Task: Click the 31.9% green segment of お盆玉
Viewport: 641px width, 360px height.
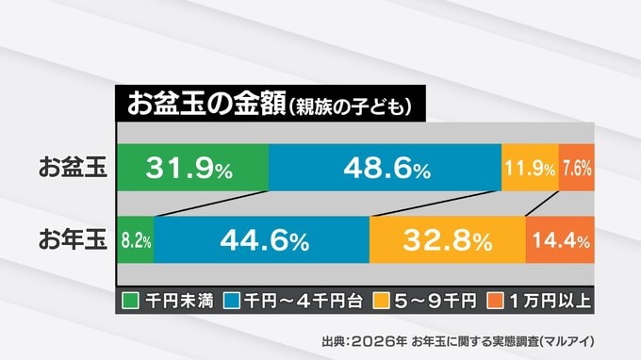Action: click(x=193, y=168)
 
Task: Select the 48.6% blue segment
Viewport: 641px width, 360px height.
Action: click(x=386, y=168)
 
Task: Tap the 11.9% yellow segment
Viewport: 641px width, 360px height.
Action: click(x=530, y=168)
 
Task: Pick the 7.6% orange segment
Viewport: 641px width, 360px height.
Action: click(x=577, y=168)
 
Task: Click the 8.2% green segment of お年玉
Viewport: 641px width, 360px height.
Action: click(x=136, y=240)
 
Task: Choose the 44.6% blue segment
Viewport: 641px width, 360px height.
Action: click(x=262, y=240)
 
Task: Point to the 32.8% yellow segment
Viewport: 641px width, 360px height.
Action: click(x=448, y=240)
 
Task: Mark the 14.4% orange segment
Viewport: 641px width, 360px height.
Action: click(x=560, y=240)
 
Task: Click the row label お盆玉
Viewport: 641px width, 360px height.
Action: click(x=73, y=167)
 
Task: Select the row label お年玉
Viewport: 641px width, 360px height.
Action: click(x=73, y=239)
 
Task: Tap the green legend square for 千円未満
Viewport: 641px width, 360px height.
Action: click(x=130, y=301)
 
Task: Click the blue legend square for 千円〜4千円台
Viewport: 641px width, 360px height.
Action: click(x=232, y=301)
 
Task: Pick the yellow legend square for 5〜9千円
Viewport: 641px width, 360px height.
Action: click(x=381, y=301)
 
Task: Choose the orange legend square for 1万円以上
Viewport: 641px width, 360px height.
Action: click(x=496, y=301)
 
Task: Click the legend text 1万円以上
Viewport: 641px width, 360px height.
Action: click(x=550, y=302)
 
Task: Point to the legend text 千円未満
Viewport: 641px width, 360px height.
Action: click(x=179, y=302)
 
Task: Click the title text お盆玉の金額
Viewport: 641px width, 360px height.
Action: click(x=206, y=104)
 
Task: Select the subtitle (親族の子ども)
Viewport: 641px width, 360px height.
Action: click(x=350, y=107)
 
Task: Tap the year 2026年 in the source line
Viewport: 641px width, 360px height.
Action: click(x=379, y=341)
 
